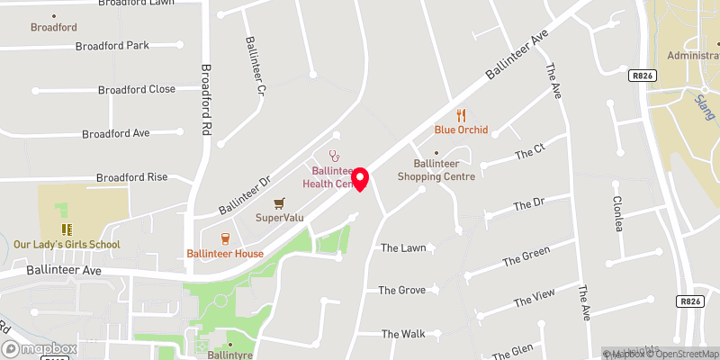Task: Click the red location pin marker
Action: [x=361, y=178]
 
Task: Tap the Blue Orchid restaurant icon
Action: [x=461, y=115]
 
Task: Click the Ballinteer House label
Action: [x=225, y=253]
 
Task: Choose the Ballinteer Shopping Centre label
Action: [x=444, y=170]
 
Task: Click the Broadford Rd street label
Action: [x=206, y=99]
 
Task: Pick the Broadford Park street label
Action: [x=112, y=45]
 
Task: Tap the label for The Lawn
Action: [x=401, y=247]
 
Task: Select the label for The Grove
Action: [x=401, y=290]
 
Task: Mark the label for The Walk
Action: [x=402, y=334]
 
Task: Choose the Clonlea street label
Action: [x=617, y=213]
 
